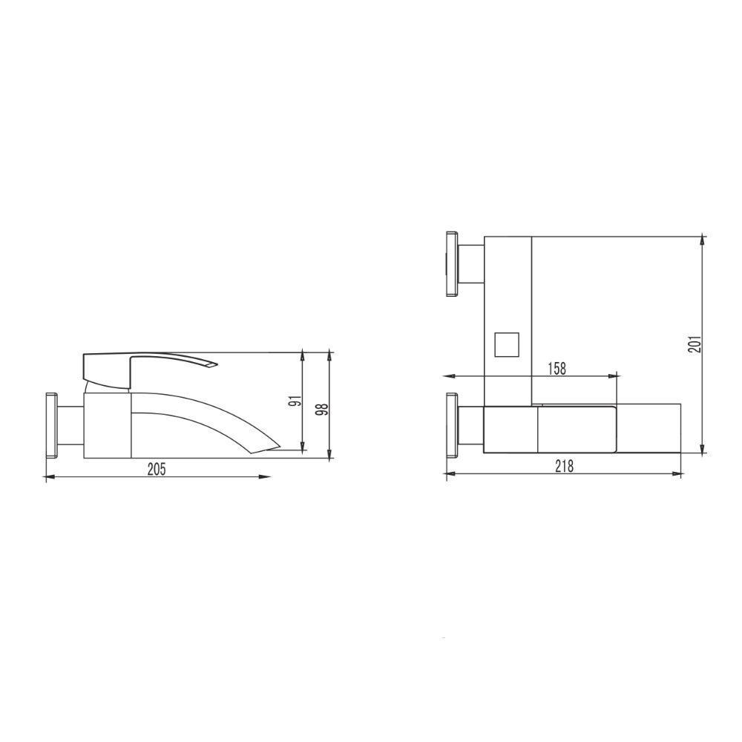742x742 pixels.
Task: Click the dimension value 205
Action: click(x=157, y=469)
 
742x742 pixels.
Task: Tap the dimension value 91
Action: click(x=297, y=401)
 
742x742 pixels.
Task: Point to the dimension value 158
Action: click(x=556, y=369)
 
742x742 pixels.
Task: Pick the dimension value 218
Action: click(x=564, y=467)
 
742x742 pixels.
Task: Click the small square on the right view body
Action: click(x=506, y=344)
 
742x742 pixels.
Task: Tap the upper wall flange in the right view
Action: click(x=452, y=264)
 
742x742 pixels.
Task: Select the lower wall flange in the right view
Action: click(x=452, y=425)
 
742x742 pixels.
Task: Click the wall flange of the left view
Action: click(x=51, y=425)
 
